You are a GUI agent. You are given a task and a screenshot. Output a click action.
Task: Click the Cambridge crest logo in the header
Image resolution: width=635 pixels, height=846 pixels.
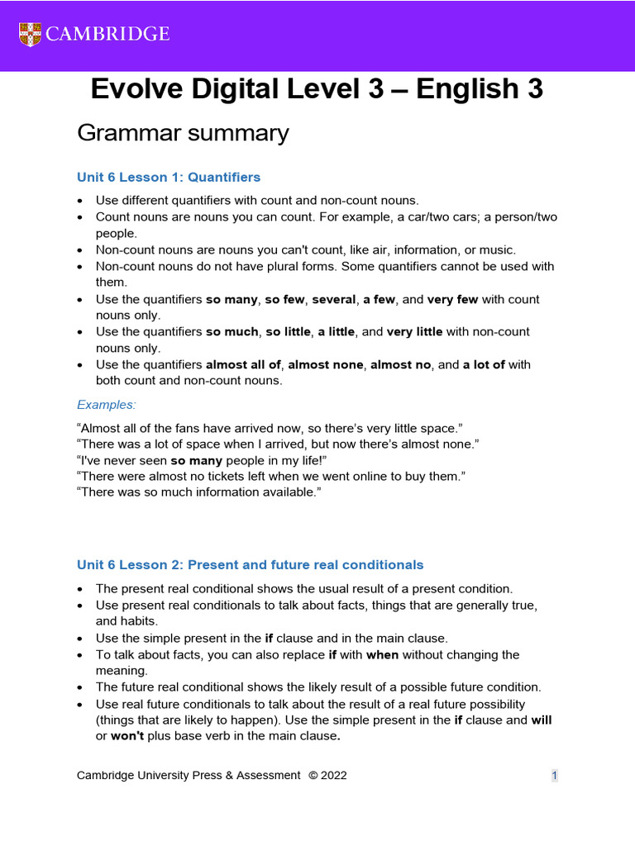pyautogui.click(x=29, y=34)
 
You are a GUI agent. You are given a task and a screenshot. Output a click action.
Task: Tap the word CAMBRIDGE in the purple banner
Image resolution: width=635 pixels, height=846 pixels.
pyautogui.click(x=107, y=34)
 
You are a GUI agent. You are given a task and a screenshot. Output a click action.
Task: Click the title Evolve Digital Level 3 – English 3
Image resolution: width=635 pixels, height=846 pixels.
pyautogui.click(x=317, y=89)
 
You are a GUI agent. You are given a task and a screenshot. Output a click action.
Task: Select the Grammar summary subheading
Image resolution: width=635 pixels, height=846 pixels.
pyautogui.click(x=183, y=132)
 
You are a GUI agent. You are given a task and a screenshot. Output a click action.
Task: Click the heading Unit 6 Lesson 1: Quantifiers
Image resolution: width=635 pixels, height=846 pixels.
pyautogui.click(x=169, y=177)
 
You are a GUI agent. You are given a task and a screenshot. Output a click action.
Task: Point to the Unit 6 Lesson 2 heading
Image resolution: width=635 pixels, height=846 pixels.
pyautogui.click(x=250, y=565)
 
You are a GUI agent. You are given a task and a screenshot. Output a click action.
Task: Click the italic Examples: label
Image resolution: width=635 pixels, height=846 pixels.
pyautogui.click(x=107, y=404)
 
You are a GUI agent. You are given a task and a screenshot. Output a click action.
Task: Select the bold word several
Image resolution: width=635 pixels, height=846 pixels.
pyautogui.click(x=333, y=299)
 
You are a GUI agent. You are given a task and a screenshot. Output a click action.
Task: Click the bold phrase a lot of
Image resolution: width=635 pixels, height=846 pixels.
pyautogui.click(x=484, y=364)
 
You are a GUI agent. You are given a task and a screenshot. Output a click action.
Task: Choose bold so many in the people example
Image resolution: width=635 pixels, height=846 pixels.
pyautogui.click(x=195, y=460)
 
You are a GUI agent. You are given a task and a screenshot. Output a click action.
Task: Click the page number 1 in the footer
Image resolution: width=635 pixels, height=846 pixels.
pyautogui.click(x=555, y=775)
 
